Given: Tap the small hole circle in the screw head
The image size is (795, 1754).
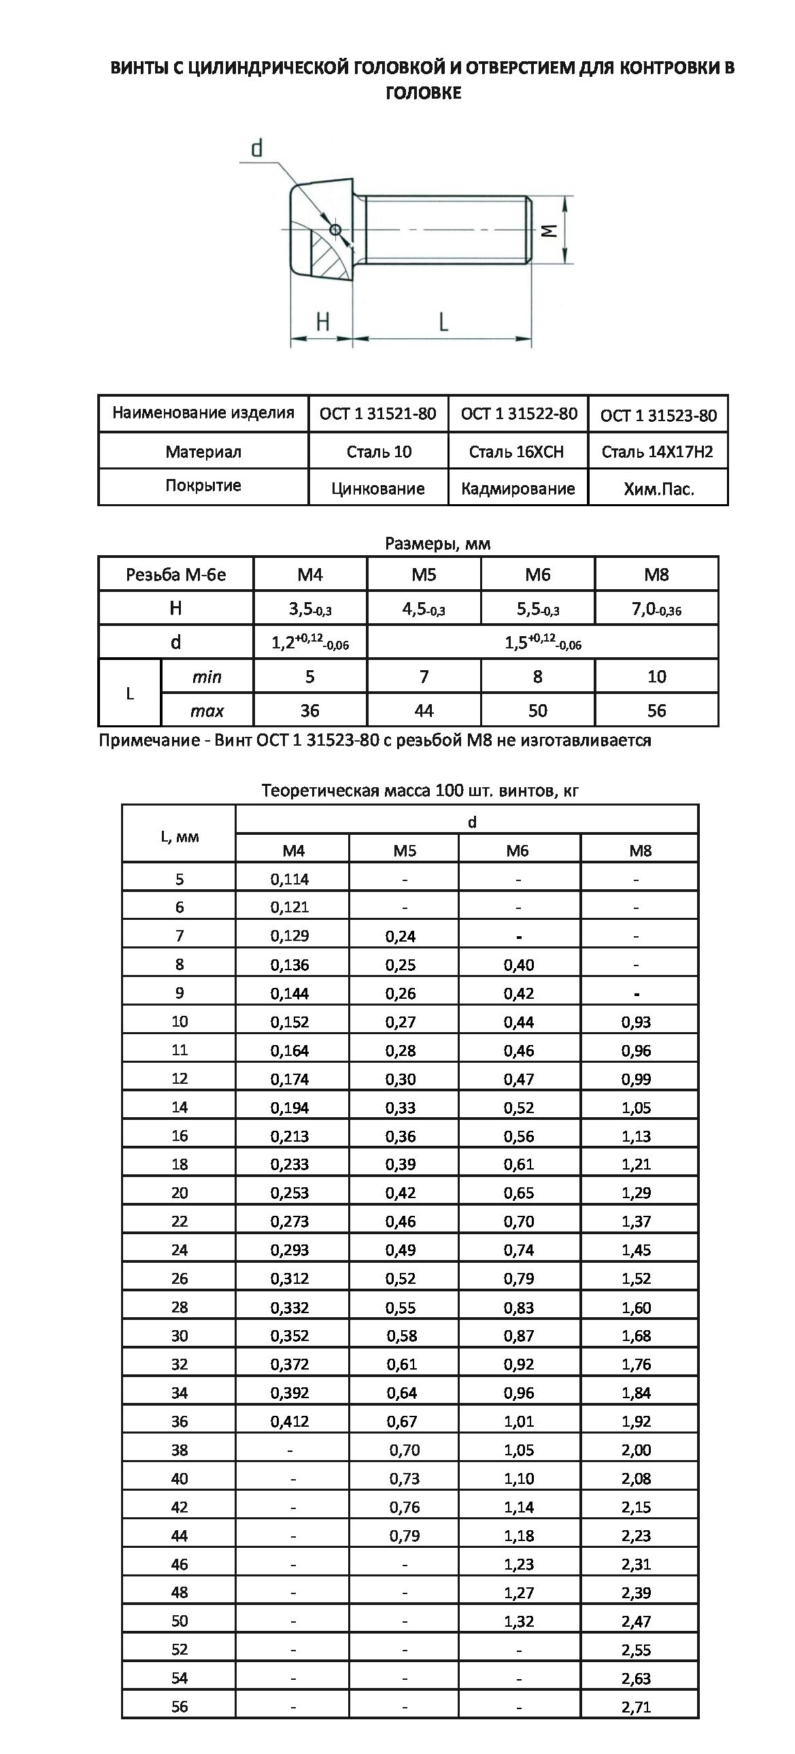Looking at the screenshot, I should [x=335, y=229].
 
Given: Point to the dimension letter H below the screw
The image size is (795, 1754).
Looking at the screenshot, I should [x=322, y=320].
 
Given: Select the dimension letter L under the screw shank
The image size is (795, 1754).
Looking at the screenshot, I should [x=443, y=320].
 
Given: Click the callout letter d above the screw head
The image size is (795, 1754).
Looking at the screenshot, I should [x=256, y=148].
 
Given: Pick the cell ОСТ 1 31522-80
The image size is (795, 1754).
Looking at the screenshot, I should [x=519, y=413].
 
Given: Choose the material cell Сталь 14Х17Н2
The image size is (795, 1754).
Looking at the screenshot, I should [x=657, y=452].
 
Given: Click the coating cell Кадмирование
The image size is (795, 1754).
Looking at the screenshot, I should [x=518, y=489].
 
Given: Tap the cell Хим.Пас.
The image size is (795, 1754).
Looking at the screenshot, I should [x=658, y=489].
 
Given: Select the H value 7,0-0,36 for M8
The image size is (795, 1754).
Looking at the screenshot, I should [x=656, y=609].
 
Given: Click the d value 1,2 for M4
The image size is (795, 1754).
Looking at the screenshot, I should [x=309, y=643].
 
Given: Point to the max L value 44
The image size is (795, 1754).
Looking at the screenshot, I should [x=424, y=710].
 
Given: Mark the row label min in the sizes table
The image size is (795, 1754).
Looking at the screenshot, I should [x=207, y=677].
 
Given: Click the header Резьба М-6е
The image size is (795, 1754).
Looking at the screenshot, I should [x=175, y=575].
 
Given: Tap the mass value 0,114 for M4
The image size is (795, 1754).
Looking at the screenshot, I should [x=289, y=879].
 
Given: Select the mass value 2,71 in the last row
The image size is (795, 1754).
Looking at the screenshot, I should [x=636, y=1706].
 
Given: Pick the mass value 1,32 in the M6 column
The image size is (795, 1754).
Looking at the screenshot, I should [x=519, y=1621].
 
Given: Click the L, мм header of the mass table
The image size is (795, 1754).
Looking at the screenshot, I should [x=180, y=836].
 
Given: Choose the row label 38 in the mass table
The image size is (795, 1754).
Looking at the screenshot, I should [x=180, y=1450].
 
